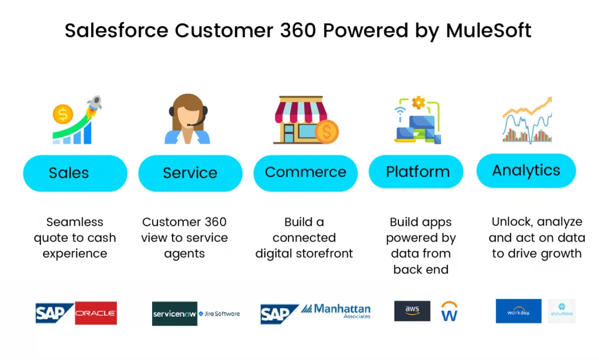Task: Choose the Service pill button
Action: click(x=190, y=173)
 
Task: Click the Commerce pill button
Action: click(x=305, y=173)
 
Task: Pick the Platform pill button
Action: click(x=418, y=172)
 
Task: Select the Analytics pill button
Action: click(x=526, y=171)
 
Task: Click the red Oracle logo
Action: click(x=95, y=313)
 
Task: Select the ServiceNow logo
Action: click(x=174, y=314)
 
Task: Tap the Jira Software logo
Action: click(x=219, y=314)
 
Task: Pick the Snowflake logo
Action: click(x=562, y=311)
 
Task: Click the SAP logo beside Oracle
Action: click(x=54, y=313)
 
